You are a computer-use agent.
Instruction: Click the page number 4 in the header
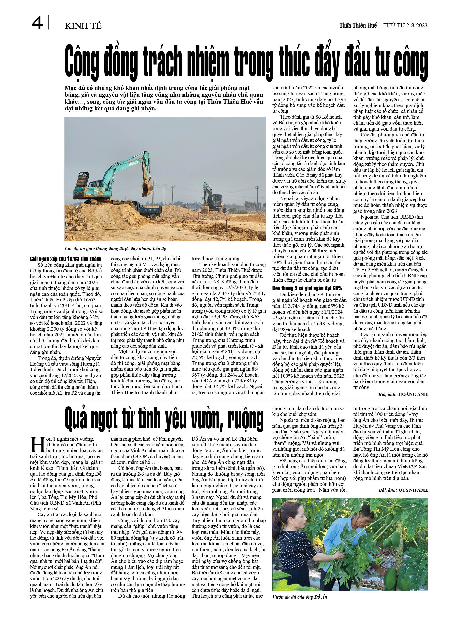point(37,23)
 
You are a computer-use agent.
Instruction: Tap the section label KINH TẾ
point(83,26)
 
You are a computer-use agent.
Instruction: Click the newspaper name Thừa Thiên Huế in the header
point(358,26)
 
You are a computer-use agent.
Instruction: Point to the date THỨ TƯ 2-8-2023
point(405,26)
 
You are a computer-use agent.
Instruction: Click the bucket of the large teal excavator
point(147,189)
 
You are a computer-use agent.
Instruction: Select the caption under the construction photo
point(115,248)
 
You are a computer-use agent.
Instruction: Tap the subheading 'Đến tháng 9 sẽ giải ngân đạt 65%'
point(307,288)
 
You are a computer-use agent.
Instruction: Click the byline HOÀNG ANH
point(413,394)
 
